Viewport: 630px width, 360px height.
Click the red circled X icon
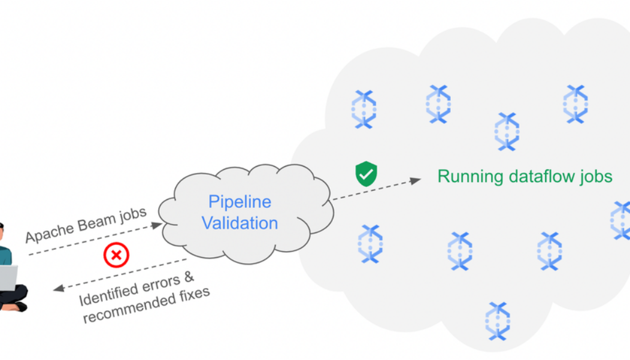(116, 254)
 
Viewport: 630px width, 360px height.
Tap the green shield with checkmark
(366, 174)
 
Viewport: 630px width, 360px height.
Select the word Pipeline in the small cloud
(240, 202)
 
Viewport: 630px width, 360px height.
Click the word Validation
(240, 223)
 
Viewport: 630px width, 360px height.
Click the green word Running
(470, 177)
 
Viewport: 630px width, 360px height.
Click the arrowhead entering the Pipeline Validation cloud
(157, 225)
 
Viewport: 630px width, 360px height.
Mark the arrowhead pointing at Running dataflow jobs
(416, 180)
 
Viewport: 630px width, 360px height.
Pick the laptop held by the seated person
(7, 278)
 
